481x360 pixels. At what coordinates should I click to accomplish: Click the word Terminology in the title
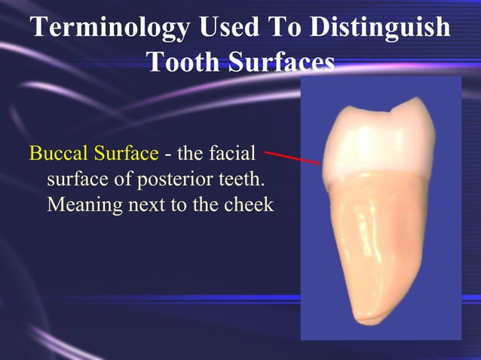(110, 29)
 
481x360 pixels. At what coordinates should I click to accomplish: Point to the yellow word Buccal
(57, 154)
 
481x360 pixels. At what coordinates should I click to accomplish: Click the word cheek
(249, 204)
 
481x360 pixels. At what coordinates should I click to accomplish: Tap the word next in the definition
(152, 204)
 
